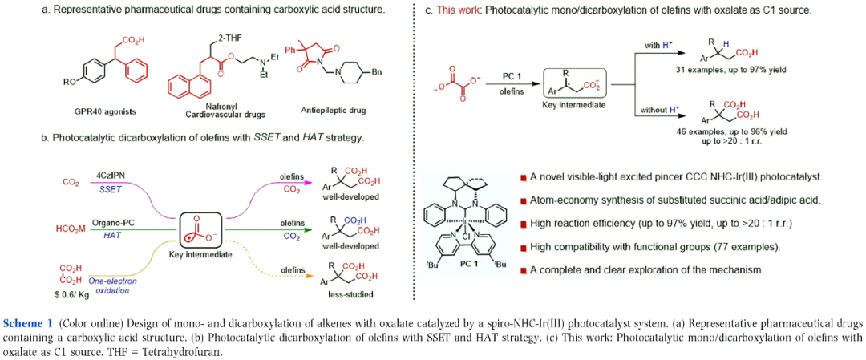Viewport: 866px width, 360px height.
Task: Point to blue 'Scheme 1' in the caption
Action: [x=28, y=322]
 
